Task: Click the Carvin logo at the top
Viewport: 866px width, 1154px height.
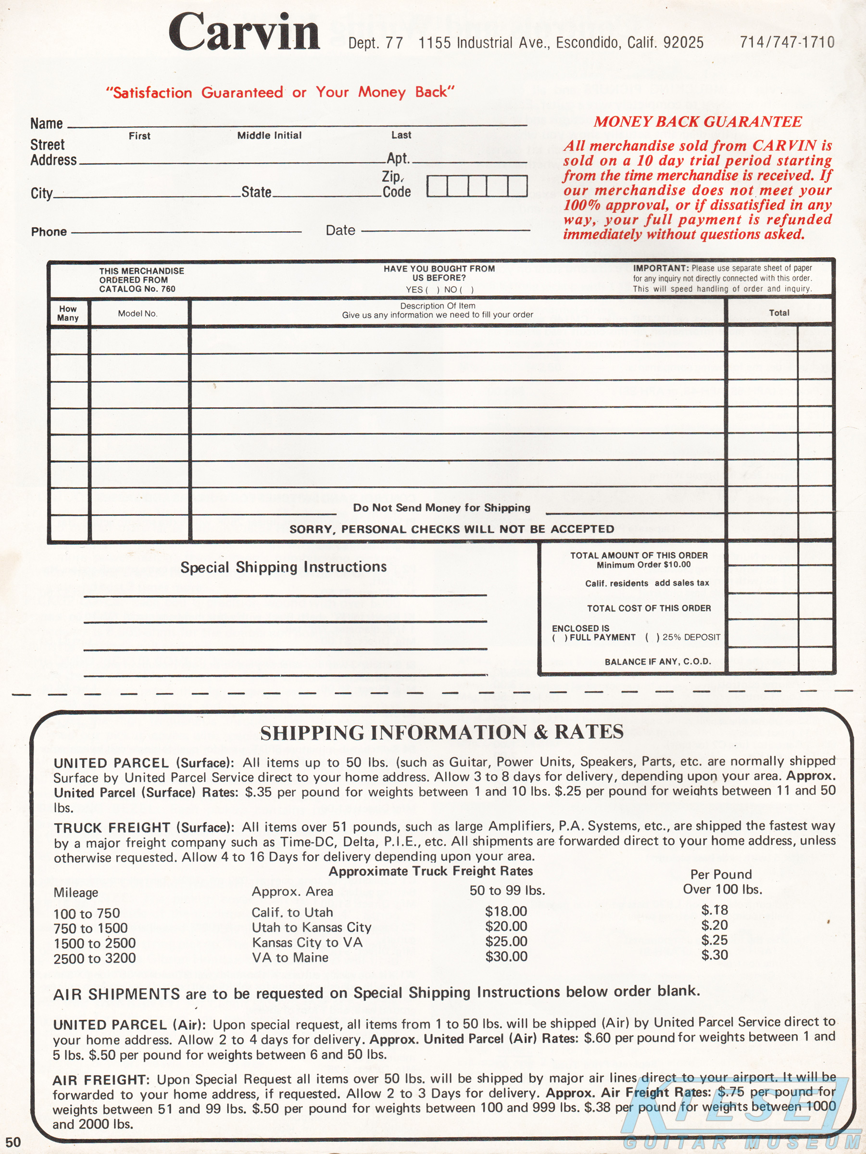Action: click(x=244, y=32)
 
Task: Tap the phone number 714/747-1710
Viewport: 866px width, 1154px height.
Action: click(x=787, y=42)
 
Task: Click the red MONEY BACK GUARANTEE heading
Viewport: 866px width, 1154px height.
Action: click(x=698, y=122)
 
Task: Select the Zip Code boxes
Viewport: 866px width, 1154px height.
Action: click(x=477, y=186)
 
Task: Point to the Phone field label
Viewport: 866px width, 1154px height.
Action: click(x=49, y=232)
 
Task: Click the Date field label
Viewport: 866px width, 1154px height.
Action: click(x=340, y=230)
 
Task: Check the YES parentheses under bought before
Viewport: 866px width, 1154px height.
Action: click(x=432, y=289)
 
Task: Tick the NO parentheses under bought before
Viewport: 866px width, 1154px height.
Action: click(x=466, y=289)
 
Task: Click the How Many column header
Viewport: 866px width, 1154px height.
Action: click(x=68, y=313)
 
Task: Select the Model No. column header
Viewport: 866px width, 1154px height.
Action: click(x=138, y=314)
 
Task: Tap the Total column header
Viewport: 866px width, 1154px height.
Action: click(x=779, y=313)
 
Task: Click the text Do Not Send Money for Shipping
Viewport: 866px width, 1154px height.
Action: click(x=441, y=508)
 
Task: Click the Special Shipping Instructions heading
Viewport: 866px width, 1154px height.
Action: click(x=283, y=567)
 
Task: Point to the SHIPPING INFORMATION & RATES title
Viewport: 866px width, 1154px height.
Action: click(x=442, y=732)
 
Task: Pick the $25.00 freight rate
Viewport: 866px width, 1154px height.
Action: click(x=506, y=941)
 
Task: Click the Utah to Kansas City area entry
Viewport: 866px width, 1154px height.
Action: click(x=312, y=927)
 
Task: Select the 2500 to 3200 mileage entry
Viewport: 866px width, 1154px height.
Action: click(x=94, y=958)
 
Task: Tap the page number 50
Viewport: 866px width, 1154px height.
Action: click(x=13, y=1142)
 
